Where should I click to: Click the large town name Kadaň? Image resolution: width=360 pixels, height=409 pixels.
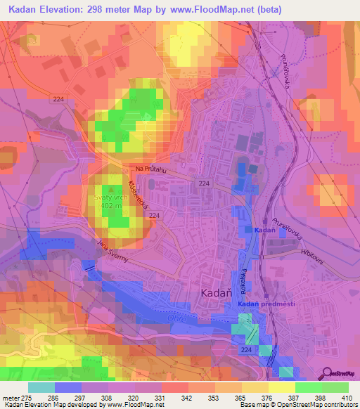[212, 290]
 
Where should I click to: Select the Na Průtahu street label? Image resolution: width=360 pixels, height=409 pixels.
[150, 169]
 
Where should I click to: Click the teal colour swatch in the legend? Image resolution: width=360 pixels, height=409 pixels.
[41, 387]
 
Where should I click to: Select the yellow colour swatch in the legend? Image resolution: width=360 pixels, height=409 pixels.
[281, 387]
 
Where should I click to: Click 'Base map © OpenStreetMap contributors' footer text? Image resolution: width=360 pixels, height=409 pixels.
[298, 405]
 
